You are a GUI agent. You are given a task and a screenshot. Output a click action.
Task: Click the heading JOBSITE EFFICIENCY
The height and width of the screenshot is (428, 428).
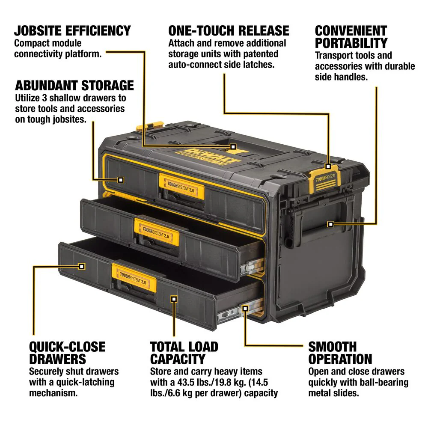tap(72, 31)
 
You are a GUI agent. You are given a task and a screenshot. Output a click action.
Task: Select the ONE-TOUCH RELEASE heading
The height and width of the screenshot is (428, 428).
tap(229, 31)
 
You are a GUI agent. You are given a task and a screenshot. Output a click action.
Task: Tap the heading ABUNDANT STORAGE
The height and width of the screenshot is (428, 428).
tap(74, 85)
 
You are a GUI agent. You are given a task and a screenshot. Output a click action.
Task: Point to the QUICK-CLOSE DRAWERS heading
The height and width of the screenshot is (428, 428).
tap(67, 353)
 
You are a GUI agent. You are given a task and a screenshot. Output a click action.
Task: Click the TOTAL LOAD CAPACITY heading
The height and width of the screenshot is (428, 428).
tap(184, 353)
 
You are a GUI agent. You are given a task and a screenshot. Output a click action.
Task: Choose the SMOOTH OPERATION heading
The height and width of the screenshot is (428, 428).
tap(340, 353)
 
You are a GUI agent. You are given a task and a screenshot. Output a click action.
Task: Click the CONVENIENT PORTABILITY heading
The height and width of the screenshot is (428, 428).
tap(351, 37)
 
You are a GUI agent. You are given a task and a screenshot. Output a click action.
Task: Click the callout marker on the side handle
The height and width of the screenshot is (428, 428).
tap(330, 224)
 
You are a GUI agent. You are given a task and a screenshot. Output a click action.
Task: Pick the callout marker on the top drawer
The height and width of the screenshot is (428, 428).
tap(121, 180)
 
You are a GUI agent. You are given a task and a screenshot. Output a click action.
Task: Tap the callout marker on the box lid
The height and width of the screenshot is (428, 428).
tap(233, 146)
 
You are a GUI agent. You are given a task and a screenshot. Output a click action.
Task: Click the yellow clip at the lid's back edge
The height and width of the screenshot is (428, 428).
tap(146, 127)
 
